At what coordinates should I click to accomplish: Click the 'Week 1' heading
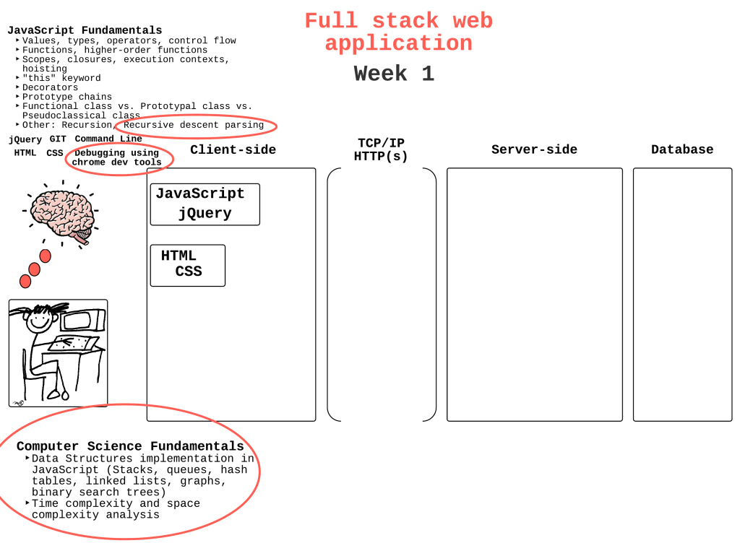[x=394, y=74]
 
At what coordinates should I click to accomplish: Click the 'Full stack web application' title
[x=399, y=32]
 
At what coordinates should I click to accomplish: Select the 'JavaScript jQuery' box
[x=205, y=204]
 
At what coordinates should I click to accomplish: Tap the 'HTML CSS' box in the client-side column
[x=187, y=266]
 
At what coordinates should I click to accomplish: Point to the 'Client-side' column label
[x=233, y=149]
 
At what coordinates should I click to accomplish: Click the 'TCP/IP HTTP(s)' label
[x=381, y=149]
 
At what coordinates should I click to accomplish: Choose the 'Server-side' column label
[x=534, y=149]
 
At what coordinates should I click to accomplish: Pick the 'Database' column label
[x=682, y=149]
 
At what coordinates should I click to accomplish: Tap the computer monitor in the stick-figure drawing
[x=83, y=321]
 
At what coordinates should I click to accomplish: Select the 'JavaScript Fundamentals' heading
[x=85, y=30]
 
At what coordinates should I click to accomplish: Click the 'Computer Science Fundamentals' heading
[x=130, y=446]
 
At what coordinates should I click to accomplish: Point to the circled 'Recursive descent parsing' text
[x=194, y=125]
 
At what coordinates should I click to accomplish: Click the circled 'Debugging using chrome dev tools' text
[x=116, y=157]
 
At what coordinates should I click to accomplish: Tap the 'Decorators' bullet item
[x=50, y=87]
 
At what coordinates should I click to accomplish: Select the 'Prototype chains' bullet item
[x=67, y=97]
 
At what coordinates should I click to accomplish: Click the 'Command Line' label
[x=108, y=139]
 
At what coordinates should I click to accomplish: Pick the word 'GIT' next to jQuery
[x=58, y=139]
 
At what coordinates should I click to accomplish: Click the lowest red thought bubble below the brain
[x=25, y=282]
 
